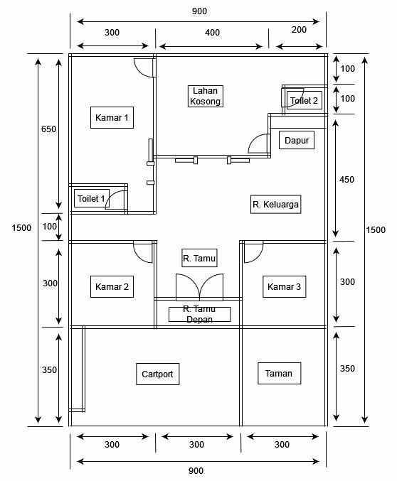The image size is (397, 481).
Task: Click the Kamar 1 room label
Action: (112, 117)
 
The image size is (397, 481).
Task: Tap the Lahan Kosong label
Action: (206, 96)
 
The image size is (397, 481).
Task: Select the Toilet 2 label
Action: (305, 100)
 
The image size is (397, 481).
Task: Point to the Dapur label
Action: (297, 140)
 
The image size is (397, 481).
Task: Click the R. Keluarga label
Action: (275, 205)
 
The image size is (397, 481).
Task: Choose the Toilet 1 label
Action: (92, 198)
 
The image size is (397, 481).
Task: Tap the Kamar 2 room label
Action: (112, 287)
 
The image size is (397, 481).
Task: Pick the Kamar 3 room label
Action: (284, 287)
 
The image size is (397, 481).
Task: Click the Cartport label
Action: (158, 374)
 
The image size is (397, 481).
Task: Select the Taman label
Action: (279, 373)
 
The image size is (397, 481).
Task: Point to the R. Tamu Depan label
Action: (200, 314)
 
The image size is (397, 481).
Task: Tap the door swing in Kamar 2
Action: (143, 252)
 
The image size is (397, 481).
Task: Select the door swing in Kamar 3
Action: (254, 252)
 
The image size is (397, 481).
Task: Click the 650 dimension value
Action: (49, 129)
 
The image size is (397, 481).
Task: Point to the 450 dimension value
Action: (346, 180)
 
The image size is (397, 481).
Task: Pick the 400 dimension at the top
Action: (212, 33)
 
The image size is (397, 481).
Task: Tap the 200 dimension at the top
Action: (299, 30)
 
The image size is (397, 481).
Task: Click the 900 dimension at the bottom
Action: (196, 471)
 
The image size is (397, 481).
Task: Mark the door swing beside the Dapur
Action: (259, 144)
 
